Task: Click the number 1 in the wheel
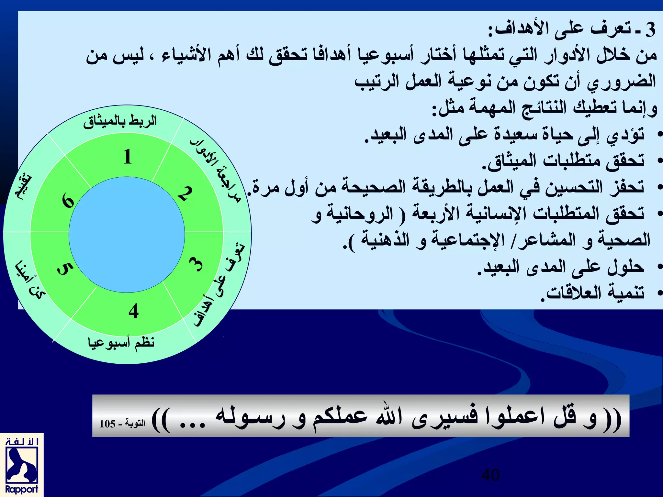coord(128,157)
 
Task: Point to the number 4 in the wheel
coord(133,311)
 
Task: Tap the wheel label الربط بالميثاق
coord(120,122)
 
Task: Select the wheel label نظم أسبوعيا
coord(121,342)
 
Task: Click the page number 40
coord(490,475)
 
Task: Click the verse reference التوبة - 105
coord(122,423)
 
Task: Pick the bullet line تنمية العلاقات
coord(592,293)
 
